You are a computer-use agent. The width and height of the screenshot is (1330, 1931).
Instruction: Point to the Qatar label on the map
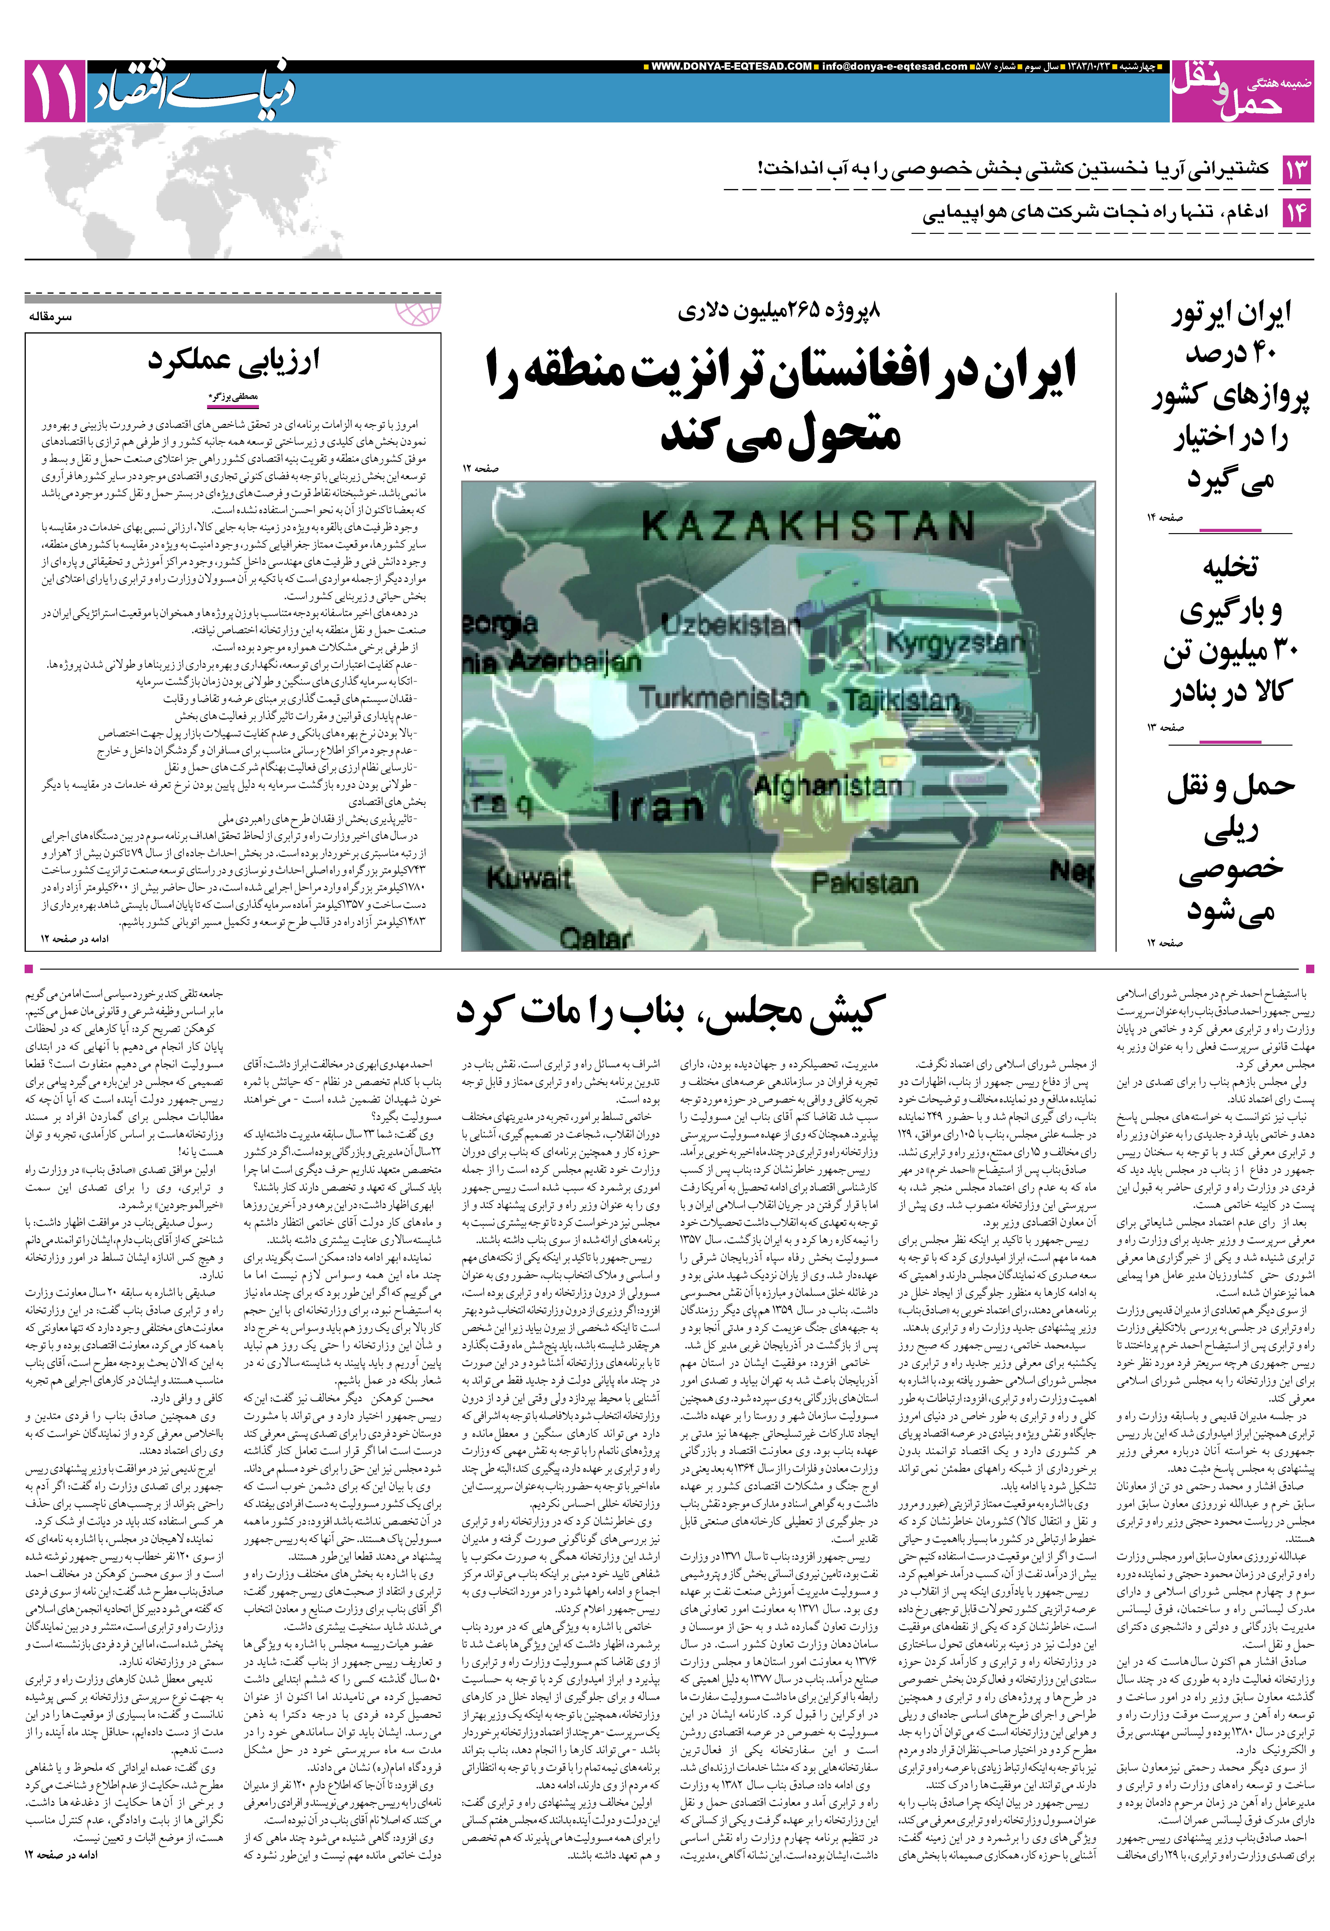595,939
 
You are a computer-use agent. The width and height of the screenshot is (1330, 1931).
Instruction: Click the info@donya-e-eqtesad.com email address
894,67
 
